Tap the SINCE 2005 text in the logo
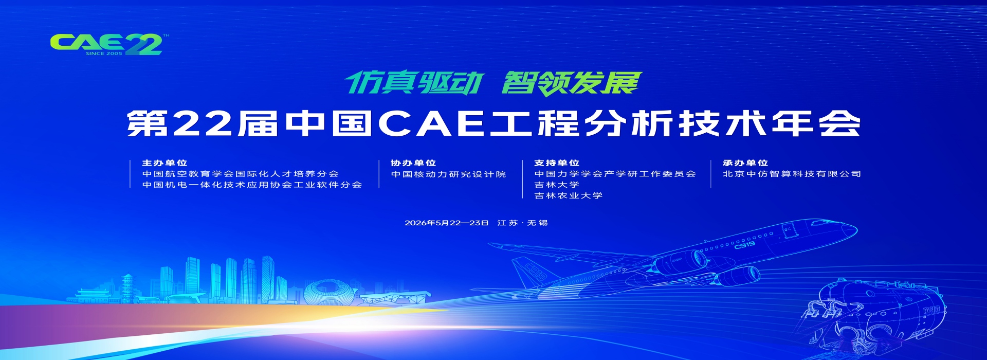104,53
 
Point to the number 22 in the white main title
203,124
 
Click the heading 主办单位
164,163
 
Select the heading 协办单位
413,163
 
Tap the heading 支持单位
557,163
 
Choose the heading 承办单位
745,163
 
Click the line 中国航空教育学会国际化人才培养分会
241,174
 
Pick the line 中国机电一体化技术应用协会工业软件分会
252,185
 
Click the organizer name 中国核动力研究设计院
448,174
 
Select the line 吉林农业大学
568,195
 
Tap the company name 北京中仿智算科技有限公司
792,174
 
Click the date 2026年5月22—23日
446,223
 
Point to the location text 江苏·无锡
522,223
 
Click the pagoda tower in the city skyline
127,288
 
